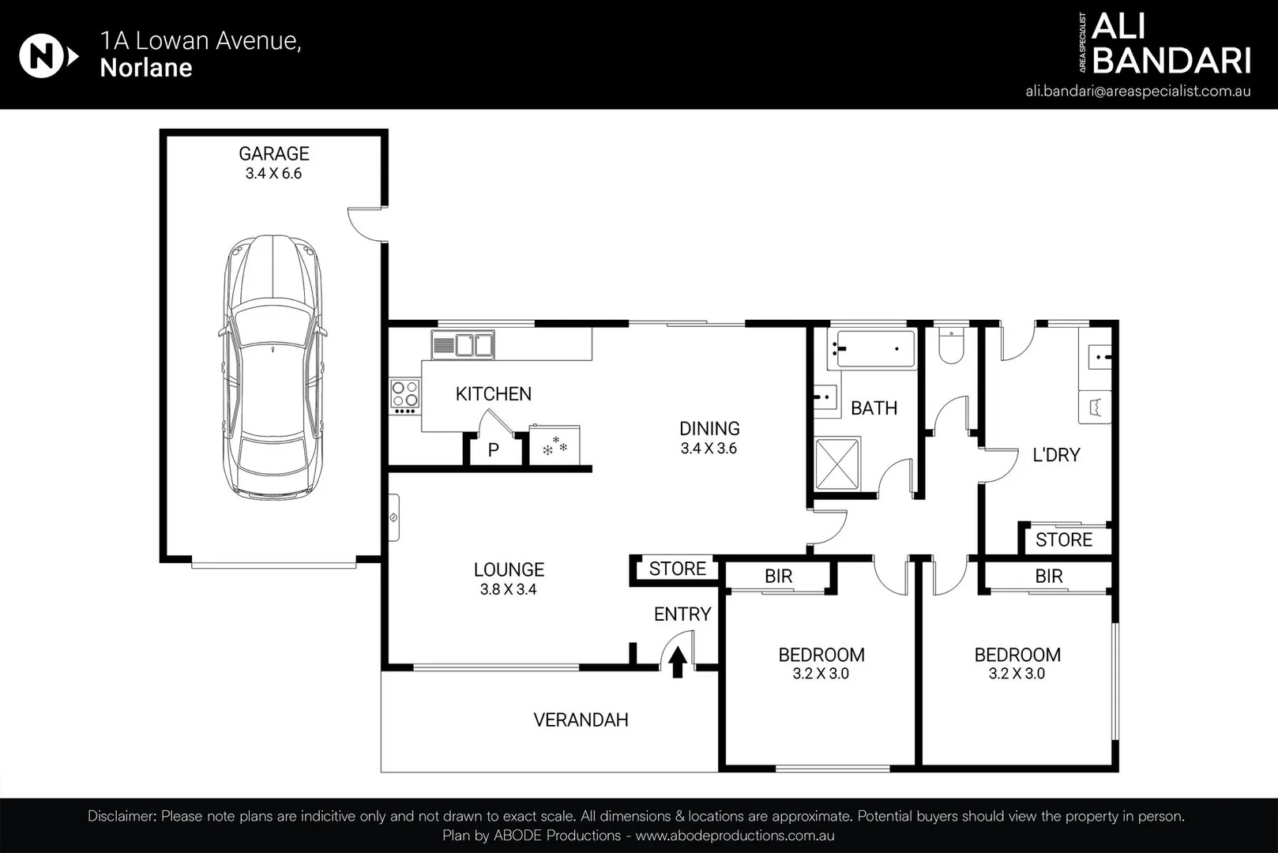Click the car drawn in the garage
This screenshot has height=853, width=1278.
pos(273,367)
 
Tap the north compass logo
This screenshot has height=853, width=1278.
pos(48,56)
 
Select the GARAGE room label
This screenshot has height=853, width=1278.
pos(274,153)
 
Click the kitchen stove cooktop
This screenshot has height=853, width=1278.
pos(405,396)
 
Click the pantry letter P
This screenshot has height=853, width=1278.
pos(494,450)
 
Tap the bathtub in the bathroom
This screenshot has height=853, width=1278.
pos(872,348)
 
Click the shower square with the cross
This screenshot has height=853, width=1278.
pos(837,464)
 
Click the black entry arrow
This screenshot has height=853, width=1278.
pos(678,662)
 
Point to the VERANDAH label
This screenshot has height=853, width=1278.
pos(581,720)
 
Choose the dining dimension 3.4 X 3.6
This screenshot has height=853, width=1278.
pos(709,449)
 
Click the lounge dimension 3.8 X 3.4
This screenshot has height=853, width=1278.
pos(509,589)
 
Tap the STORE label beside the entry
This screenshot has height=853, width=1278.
pos(677,569)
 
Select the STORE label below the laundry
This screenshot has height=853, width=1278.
pos(1064,539)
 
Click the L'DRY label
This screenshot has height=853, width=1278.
pos(1056,455)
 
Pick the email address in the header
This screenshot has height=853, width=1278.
pos(1138,92)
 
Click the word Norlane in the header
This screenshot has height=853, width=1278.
pos(146,68)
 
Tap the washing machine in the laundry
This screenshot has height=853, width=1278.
pos(1095,407)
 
